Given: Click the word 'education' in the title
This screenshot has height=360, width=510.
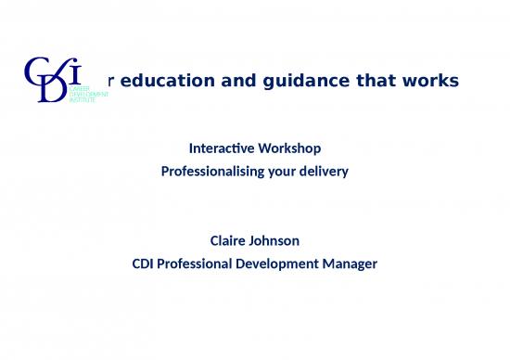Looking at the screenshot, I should (159, 82).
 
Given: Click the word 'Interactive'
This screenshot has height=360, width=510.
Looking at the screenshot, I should (218, 148).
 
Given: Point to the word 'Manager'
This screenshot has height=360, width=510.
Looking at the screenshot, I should (345, 264).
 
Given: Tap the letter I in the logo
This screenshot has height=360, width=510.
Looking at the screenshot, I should (78, 71).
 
